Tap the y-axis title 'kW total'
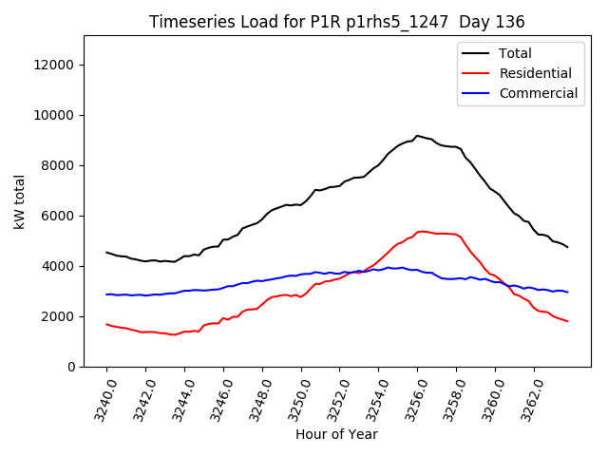click(20, 201)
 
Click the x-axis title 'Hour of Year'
click(336, 434)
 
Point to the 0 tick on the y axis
click(71, 367)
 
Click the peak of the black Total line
click(417, 136)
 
